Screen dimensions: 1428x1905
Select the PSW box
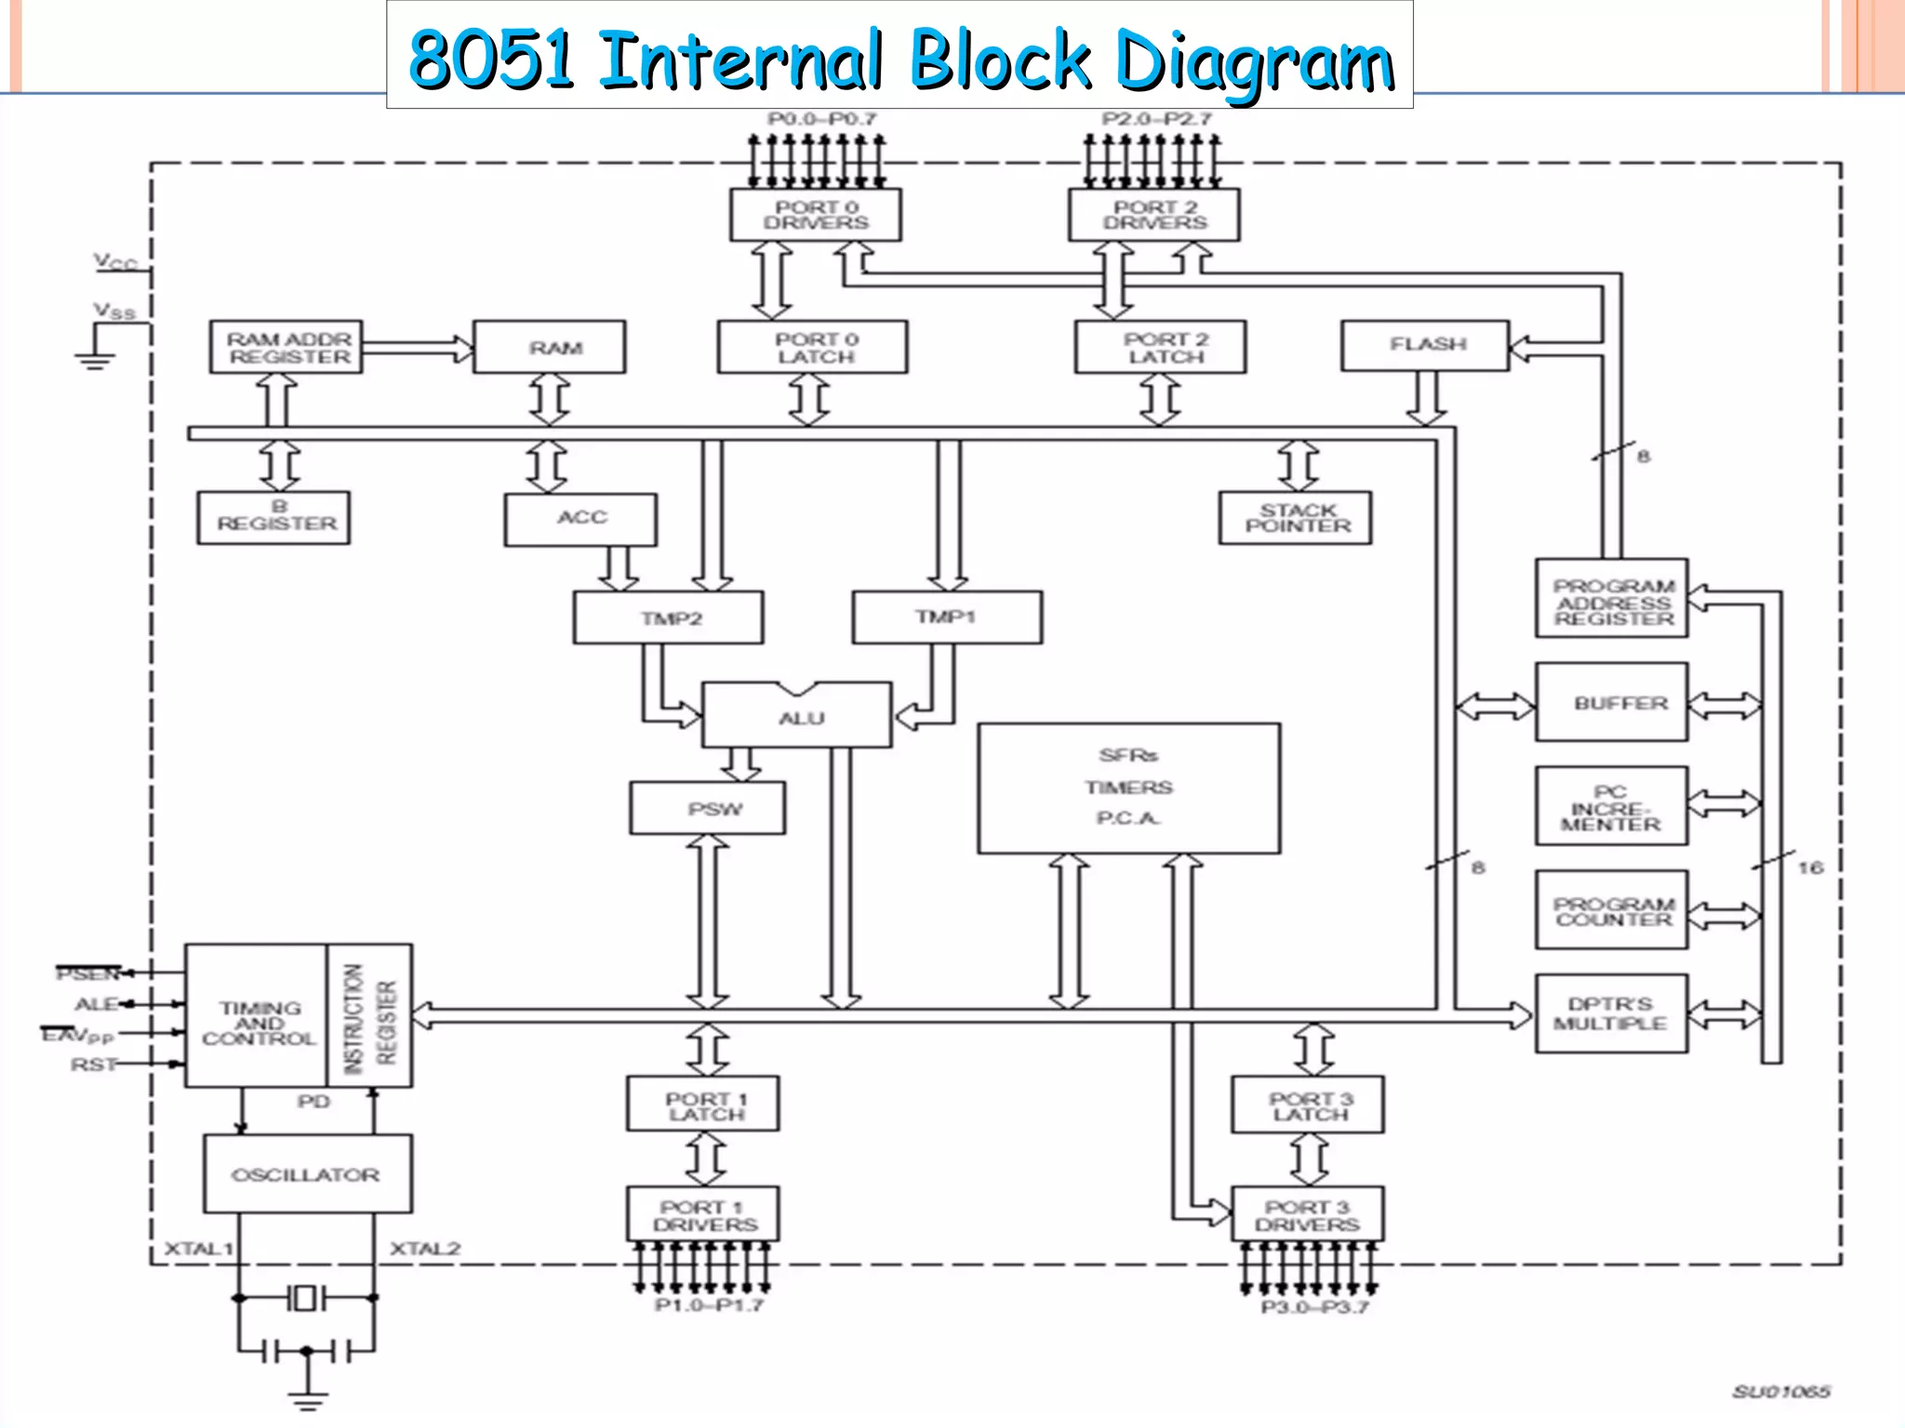[x=708, y=809]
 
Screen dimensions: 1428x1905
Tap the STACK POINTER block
[x=1296, y=518]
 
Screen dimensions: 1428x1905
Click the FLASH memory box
[x=1425, y=346]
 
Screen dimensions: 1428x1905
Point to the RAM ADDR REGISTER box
[x=286, y=348]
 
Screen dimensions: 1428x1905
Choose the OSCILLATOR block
[x=307, y=1174]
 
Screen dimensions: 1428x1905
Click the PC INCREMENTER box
[x=1611, y=807]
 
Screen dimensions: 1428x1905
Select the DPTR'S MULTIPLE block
[x=1611, y=1013]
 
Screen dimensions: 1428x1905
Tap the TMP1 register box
[x=947, y=617]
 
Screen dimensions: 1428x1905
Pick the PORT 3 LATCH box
[x=1308, y=1105]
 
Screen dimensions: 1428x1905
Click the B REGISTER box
[x=274, y=517]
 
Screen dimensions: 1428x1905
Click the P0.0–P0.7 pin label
[x=821, y=119]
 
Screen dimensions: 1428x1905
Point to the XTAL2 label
[x=425, y=1249]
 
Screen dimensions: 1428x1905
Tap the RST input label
[x=93, y=1064]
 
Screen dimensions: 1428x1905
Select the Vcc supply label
[x=115, y=262]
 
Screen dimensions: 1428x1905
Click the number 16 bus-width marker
[x=1809, y=867]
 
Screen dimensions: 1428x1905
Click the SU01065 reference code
[x=1780, y=1392]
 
